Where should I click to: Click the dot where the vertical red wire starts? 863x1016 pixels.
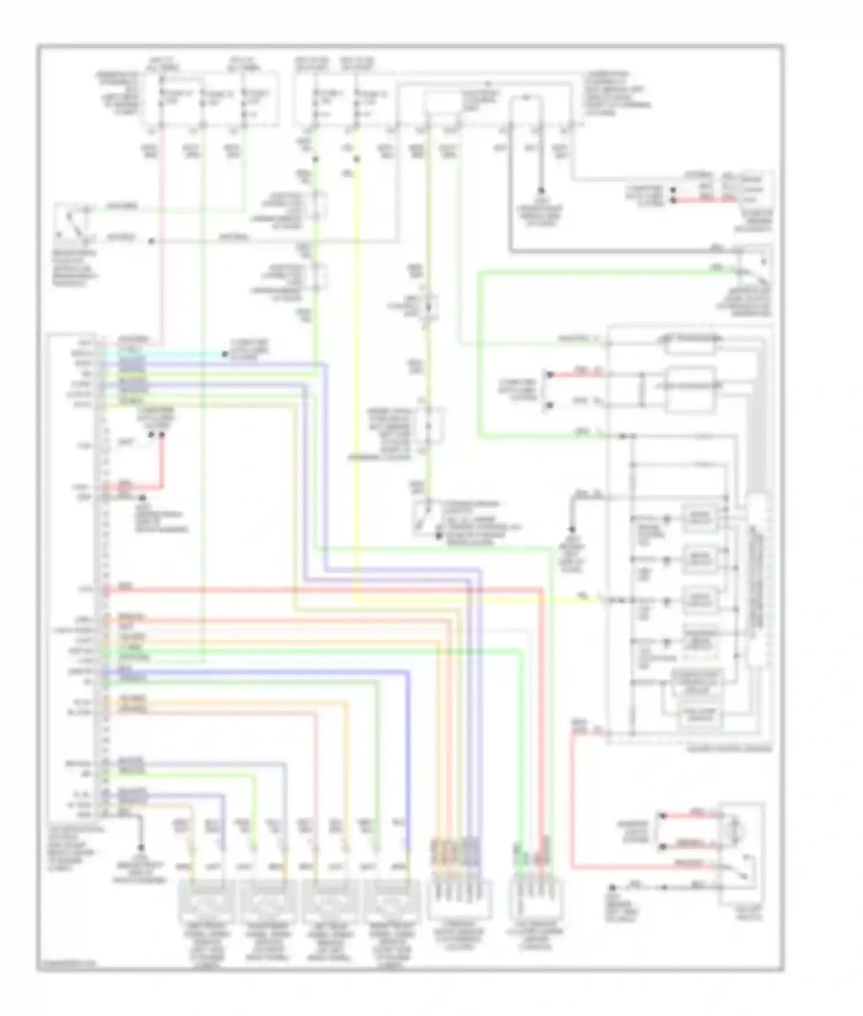click(x=162, y=435)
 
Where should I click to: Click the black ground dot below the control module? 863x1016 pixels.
click(x=140, y=848)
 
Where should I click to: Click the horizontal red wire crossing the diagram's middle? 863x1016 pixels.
click(x=322, y=589)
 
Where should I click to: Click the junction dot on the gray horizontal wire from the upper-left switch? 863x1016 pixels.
click(x=151, y=241)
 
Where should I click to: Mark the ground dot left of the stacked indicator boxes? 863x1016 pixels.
click(x=572, y=529)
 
